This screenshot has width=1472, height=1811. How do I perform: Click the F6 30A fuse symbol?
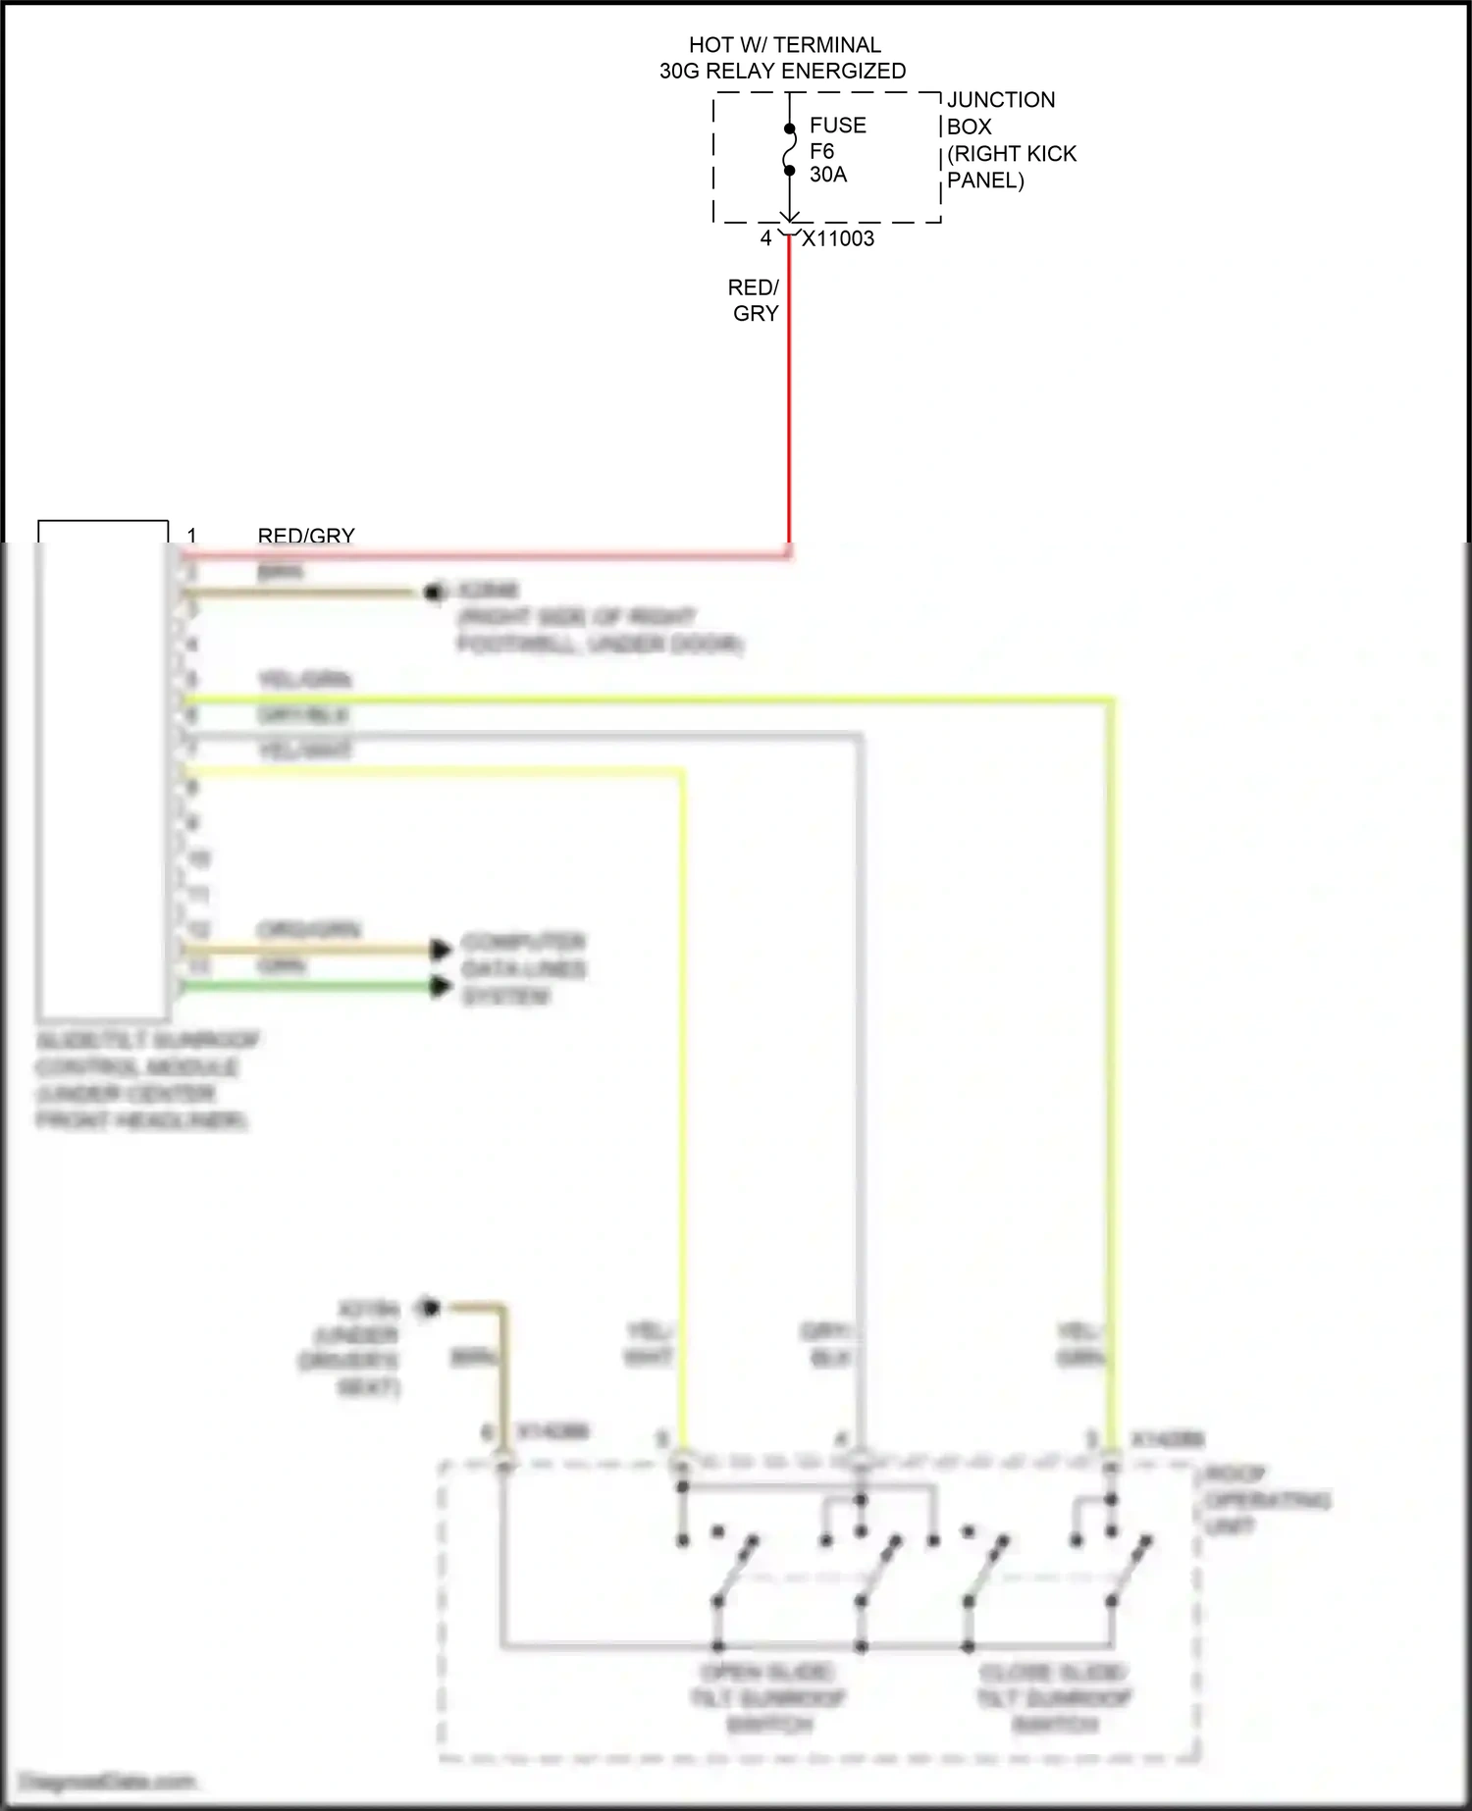point(790,150)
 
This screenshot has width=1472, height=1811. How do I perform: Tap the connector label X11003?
point(838,238)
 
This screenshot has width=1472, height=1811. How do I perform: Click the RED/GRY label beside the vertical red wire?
point(755,300)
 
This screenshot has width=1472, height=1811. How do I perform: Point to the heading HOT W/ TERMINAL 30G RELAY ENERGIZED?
point(783,58)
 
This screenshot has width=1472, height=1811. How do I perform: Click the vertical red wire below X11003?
point(789,392)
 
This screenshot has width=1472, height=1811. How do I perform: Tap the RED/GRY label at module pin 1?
point(306,536)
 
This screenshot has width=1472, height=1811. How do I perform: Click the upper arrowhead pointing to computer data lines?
point(441,949)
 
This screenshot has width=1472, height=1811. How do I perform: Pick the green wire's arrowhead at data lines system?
point(441,986)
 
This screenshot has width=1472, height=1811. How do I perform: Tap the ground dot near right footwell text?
point(433,592)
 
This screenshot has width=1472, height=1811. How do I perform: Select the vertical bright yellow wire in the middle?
point(682,1079)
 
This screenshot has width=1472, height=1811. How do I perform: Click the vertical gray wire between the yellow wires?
point(860,1079)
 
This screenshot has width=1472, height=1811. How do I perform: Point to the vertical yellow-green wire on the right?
point(1111,1079)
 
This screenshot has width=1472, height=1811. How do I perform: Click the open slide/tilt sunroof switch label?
point(767,1698)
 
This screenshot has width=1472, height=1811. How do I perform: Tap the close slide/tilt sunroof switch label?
point(1054,1698)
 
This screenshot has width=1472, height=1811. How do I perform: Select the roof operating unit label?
point(1266,1500)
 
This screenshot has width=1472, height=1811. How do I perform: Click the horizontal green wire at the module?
point(304,986)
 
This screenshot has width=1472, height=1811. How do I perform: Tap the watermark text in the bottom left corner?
point(108,1781)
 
